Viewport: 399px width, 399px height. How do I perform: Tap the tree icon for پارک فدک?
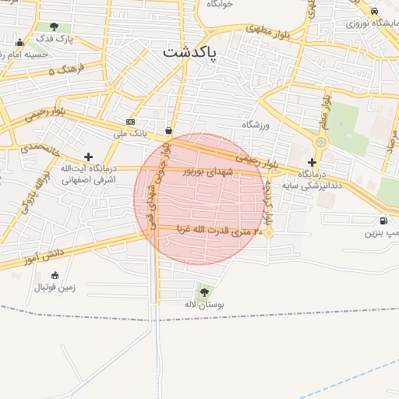54,26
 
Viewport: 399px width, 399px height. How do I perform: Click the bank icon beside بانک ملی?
130,122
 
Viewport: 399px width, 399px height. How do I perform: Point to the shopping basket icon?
169,130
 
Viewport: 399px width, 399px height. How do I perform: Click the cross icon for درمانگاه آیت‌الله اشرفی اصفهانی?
89,157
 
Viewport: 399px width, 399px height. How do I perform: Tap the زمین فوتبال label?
55,287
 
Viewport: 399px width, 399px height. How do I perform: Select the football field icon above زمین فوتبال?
55,274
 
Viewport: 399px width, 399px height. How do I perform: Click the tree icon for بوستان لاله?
204,292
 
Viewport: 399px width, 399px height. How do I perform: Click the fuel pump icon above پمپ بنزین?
383,221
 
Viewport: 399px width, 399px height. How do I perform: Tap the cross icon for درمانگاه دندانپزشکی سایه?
312,162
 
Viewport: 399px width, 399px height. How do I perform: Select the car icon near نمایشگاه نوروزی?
375,11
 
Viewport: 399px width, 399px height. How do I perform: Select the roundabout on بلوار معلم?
320,143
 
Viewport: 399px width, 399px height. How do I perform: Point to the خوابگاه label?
220,3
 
